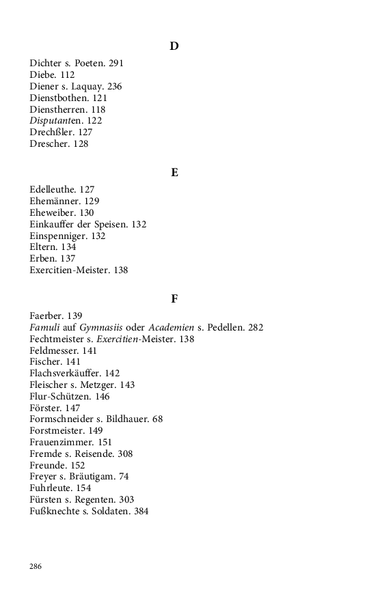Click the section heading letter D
click(174, 46)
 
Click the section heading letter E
click(174, 173)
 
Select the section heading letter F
click(174, 299)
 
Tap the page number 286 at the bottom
click(36, 566)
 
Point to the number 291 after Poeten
click(116, 64)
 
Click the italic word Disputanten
click(56, 121)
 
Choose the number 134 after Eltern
click(68, 247)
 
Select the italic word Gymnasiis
click(105, 328)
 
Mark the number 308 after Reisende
click(125, 453)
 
